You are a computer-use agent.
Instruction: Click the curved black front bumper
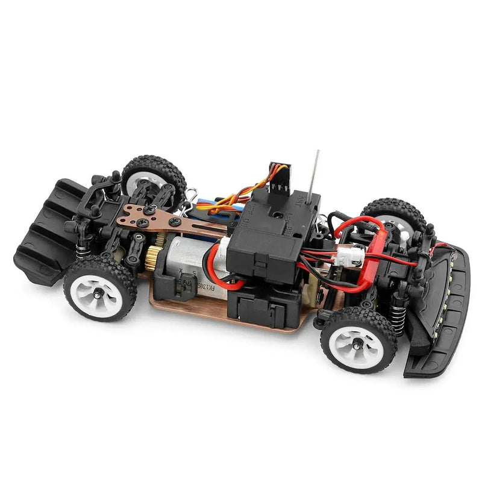443,313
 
